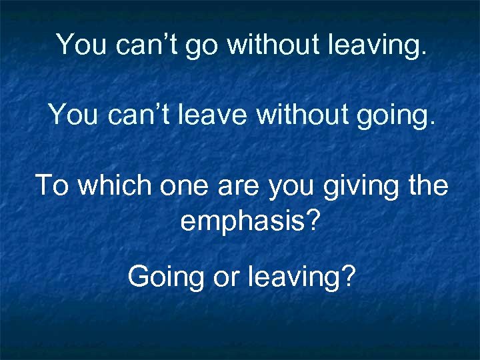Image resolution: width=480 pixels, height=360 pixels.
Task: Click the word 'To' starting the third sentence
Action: click(x=53, y=185)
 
